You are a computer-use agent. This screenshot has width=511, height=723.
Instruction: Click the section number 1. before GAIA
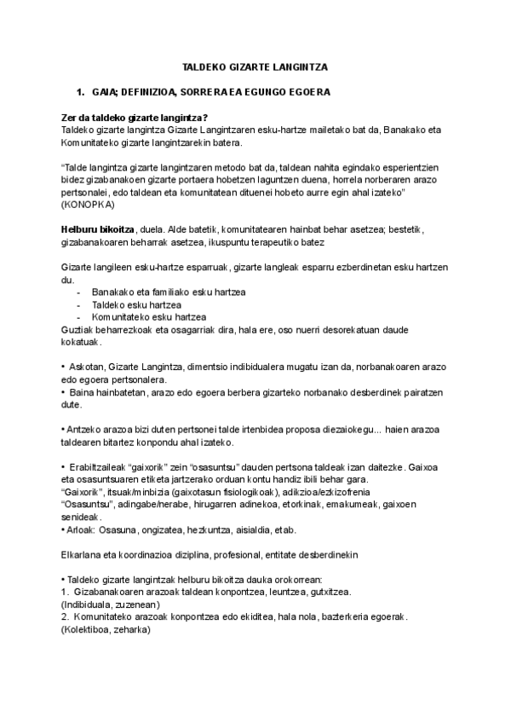81,90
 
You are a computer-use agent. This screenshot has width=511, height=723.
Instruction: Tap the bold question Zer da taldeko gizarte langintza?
135,118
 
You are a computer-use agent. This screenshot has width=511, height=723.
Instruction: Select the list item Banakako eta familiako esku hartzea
169,292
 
